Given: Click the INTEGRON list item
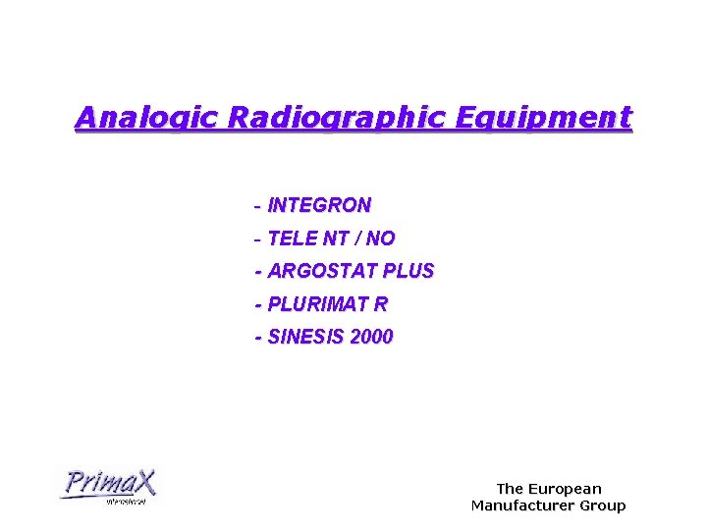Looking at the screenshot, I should [319, 206].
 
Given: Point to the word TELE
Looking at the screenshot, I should [290, 238].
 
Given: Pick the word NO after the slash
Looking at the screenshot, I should [381, 238].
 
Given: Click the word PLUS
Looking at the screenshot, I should [408, 271].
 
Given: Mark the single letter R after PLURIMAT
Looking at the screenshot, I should [381, 304].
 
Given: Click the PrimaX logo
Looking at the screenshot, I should [108, 486].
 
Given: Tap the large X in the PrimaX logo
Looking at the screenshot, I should [142, 482].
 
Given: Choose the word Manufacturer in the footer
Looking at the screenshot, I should [525, 506].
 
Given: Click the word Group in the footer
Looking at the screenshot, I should [604, 506].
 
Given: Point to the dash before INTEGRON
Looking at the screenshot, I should [257, 207].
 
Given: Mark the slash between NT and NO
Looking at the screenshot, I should [358, 238].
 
